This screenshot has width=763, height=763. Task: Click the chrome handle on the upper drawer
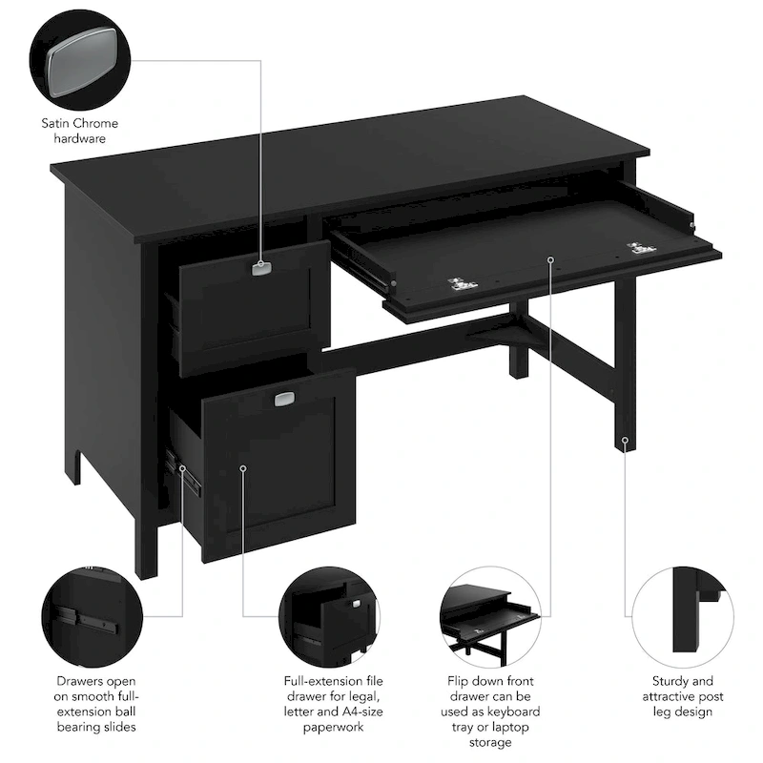click(x=261, y=268)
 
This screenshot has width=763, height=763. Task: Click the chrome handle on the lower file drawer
click(x=284, y=401)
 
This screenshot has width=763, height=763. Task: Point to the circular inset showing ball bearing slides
click(x=92, y=614)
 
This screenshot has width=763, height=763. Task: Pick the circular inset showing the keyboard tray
click(x=491, y=614)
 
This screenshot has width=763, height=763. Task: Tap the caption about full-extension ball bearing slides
click(x=95, y=705)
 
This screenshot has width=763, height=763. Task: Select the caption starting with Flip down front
click(x=493, y=711)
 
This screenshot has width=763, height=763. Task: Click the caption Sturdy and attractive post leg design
click(x=682, y=696)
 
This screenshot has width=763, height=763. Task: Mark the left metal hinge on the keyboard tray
click(x=463, y=283)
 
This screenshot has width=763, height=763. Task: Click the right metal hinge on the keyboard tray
click(x=641, y=249)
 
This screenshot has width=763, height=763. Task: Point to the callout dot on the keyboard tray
click(x=551, y=258)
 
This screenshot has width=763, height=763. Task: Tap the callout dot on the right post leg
click(x=626, y=441)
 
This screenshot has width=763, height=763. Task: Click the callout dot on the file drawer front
click(x=243, y=468)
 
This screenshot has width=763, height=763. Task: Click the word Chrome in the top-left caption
click(x=98, y=123)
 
